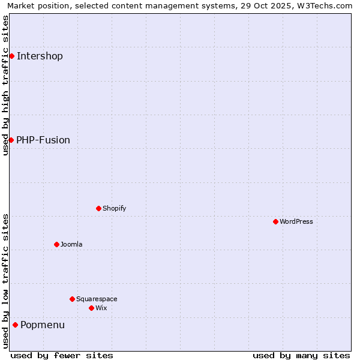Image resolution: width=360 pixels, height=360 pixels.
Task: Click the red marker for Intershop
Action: pos(11,56)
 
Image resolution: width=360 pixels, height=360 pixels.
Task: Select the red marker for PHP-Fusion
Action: pos(11,140)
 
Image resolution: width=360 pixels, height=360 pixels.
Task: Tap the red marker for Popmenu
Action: pos(15,325)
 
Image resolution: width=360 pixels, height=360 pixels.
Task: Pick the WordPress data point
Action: pos(275,221)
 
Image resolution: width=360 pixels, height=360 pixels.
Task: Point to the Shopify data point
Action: pos(98,208)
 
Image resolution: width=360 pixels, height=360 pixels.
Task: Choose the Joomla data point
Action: pos(56,244)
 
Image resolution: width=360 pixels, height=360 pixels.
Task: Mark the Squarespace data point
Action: pos(72,299)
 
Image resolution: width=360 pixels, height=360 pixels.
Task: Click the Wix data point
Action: pos(91,308)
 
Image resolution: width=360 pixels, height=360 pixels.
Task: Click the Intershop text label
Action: pos(40,56)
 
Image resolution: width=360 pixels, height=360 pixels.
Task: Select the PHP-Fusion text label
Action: pos(43,140)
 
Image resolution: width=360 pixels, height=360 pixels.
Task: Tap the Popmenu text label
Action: pos(43,325)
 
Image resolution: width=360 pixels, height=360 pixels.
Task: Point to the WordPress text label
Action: pos(296,222)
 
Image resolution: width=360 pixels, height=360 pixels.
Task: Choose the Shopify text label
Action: pos(115,209)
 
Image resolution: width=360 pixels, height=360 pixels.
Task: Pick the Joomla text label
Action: pos(71,245)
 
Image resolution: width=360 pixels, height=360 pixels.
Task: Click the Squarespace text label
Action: pos(97,299)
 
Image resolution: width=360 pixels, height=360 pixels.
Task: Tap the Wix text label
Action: pos(101,308)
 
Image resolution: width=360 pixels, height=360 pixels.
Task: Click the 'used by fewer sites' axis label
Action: pos(62,355)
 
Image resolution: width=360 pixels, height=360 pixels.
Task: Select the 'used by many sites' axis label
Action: pos(301,355)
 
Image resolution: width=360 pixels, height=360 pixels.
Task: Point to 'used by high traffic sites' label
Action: pos(6,85)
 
